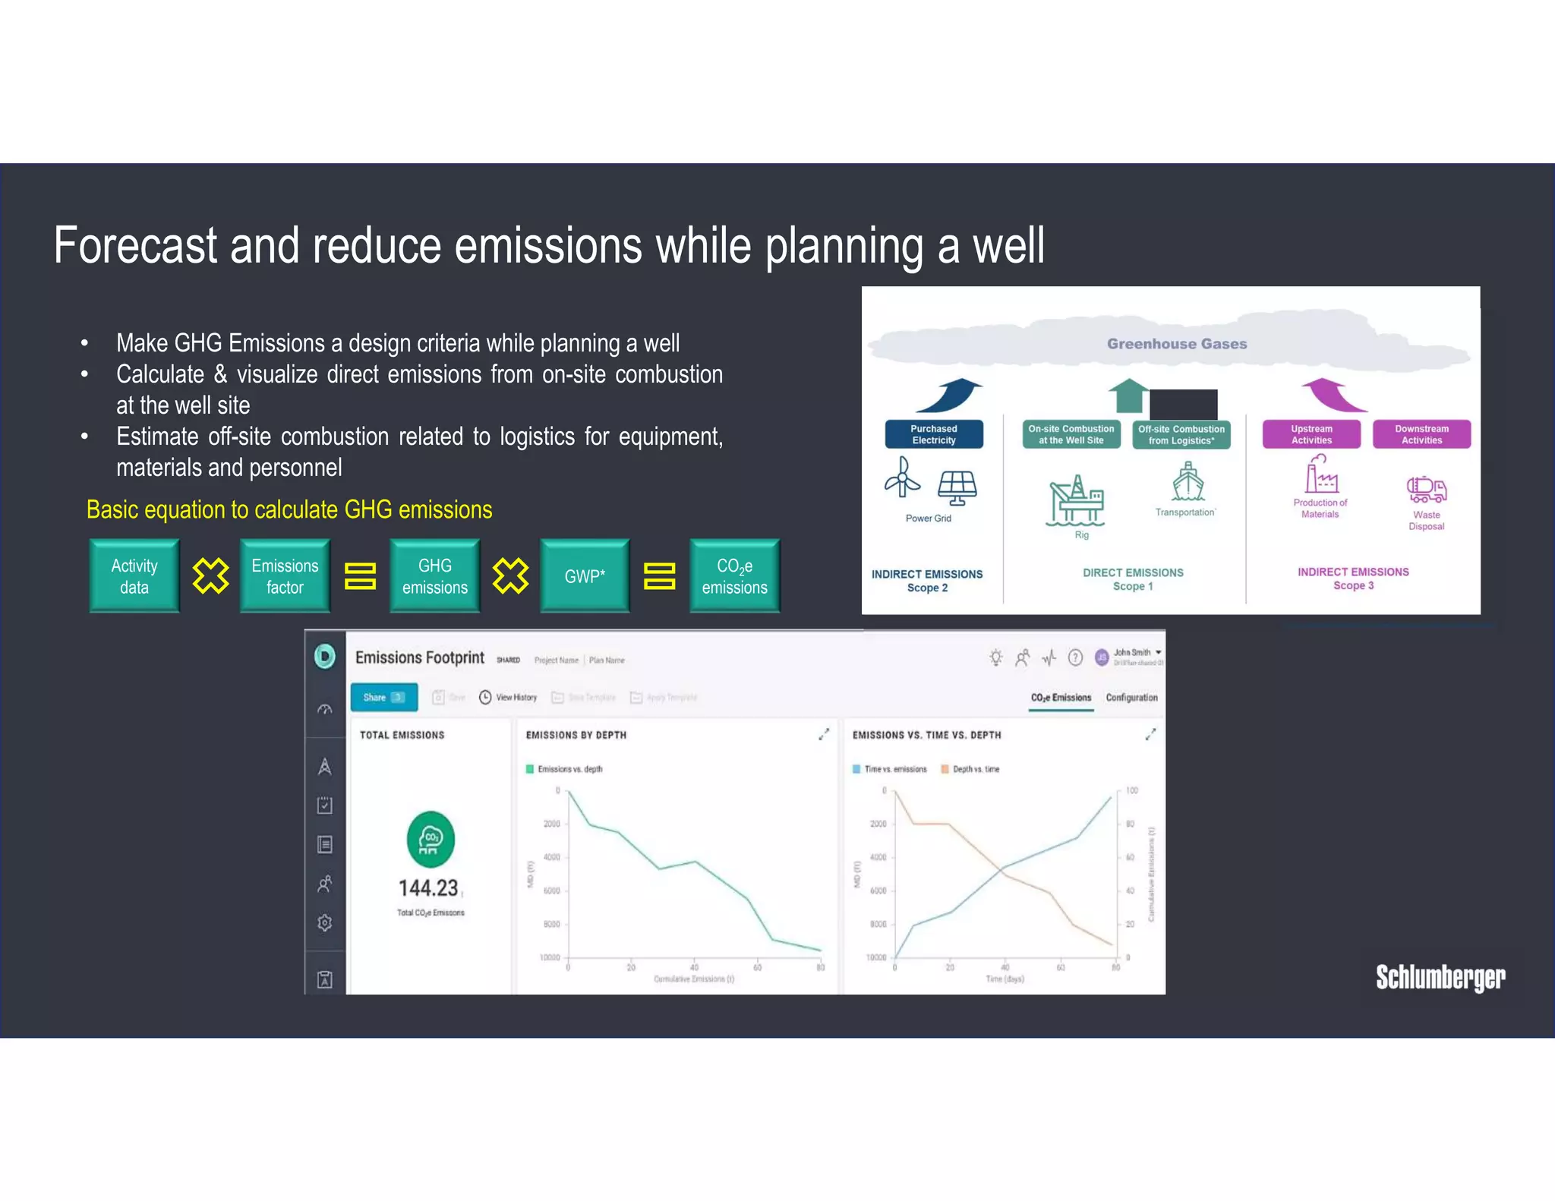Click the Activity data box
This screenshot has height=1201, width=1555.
click(x=134, y=576)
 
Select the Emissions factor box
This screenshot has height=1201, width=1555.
click(x=285, y=576)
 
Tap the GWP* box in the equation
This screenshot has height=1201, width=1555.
click(x=585, y=576)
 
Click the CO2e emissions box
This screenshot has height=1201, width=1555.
click(x=734, y=576)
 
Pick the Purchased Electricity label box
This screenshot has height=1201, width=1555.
click(x=934, y=434)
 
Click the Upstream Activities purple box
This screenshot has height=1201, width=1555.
click(x=1311, y=434)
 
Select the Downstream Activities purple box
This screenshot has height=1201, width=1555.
click(x=1421, y=434)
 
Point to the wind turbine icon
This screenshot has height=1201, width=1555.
click(x=903, y=478)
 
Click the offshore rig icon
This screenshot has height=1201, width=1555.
click(x=1076, y=500)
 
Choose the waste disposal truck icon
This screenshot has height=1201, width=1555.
click(x=1427, y=490)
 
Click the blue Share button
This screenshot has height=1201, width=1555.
click(x=383, y=698)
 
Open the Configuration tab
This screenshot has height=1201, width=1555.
click(x=1131, y=698)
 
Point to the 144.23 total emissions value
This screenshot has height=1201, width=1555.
click(x=428, y=888)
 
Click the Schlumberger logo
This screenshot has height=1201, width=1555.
click(x=1440, y=977)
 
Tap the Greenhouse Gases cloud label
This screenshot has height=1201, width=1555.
click(x=1177, y=344)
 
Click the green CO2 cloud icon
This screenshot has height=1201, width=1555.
click(x=431, y=840)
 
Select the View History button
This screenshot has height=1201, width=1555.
click(x=508, y=698)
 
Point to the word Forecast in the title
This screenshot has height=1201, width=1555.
click(x=135, y=246)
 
